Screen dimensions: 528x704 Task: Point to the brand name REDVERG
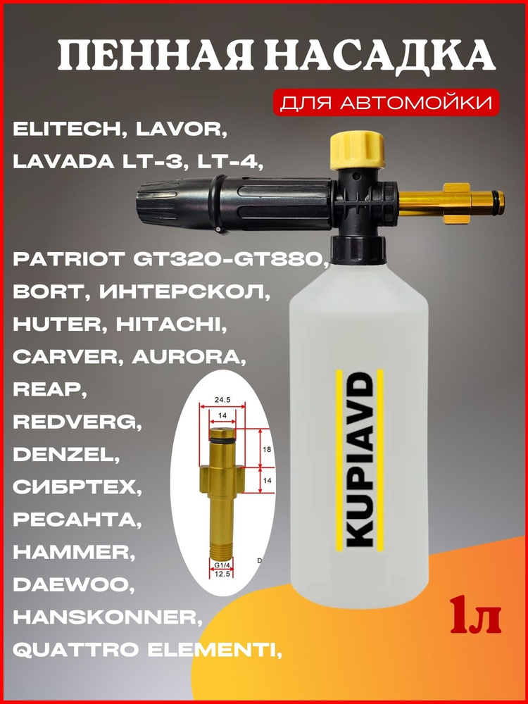73,422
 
